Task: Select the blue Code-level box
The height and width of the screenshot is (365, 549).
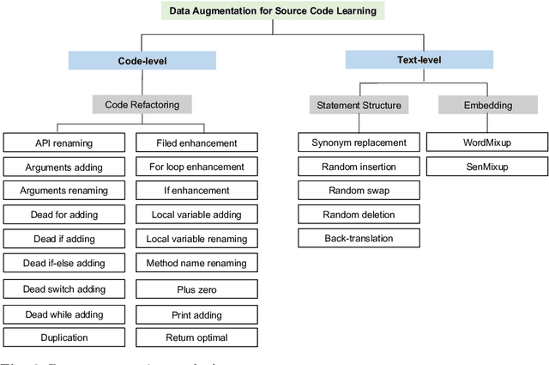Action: tap(142, 61)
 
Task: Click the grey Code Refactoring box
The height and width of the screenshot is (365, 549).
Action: tap(142, 104)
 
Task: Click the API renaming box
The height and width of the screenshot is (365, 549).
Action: tap(64, 143)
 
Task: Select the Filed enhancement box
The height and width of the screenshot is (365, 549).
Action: tap(196, 143)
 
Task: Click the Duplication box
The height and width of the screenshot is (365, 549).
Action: tap(64, 338)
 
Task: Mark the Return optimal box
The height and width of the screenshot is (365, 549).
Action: tap(196, 338)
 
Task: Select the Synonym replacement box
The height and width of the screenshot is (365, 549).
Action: tap(359, 143)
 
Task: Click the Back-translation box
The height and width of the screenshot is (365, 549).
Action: tap(359, 238)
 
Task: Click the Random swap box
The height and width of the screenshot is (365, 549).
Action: tap(359, 190)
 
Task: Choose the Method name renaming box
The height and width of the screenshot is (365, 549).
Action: tap(196, 264)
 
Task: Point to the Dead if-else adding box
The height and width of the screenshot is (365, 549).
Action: tap(64, 264)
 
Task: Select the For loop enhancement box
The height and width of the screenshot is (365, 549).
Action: tap(196, 167)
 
